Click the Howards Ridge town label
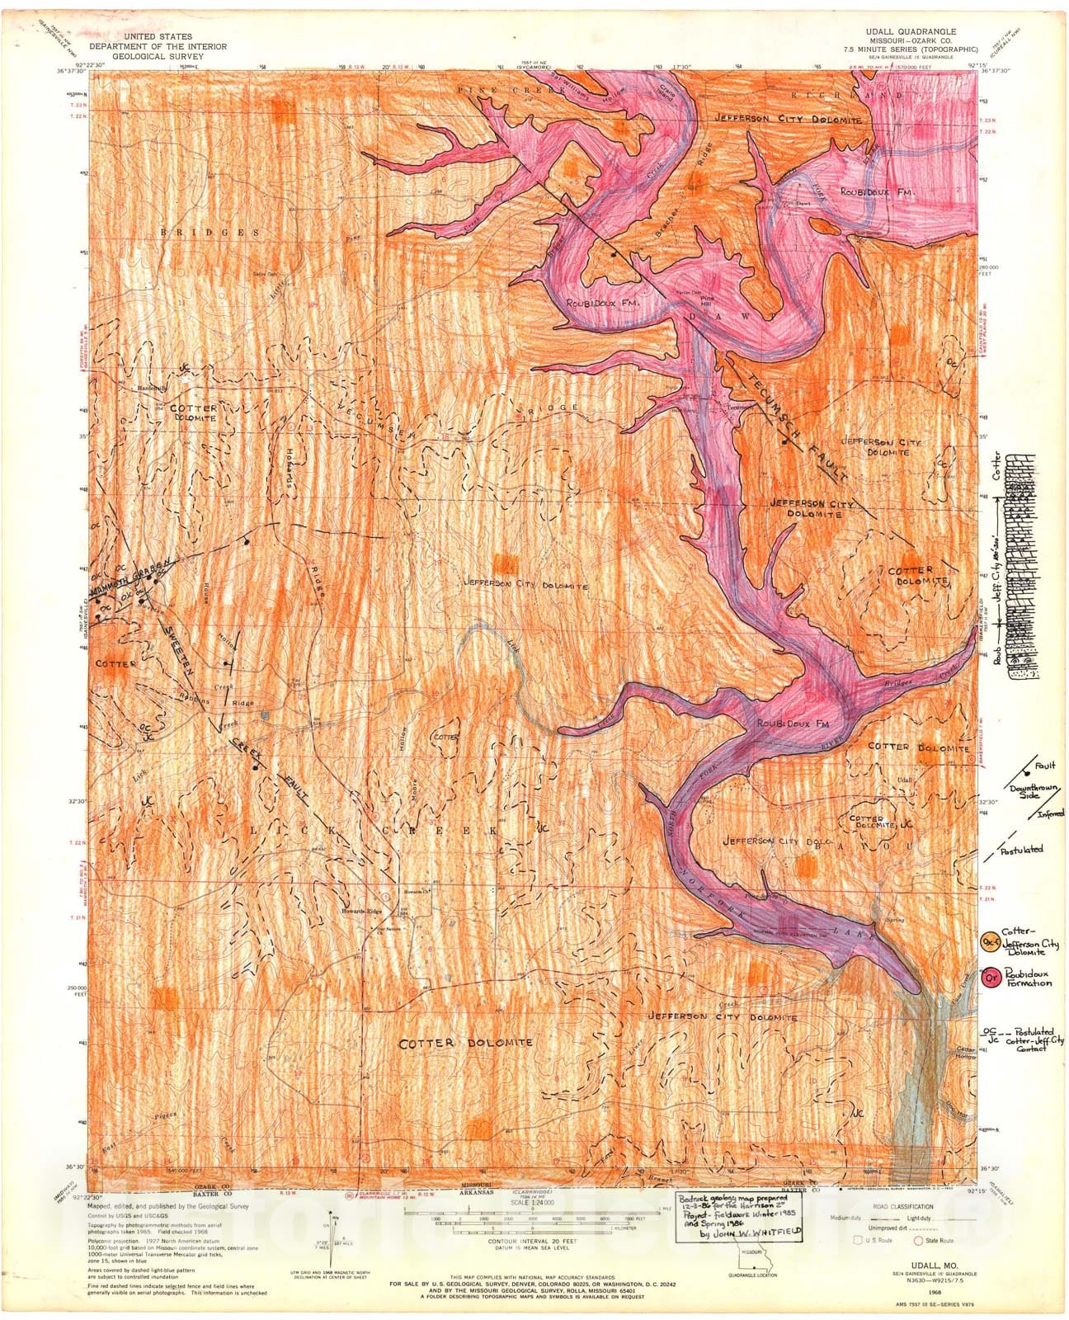(x=361, y=911)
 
